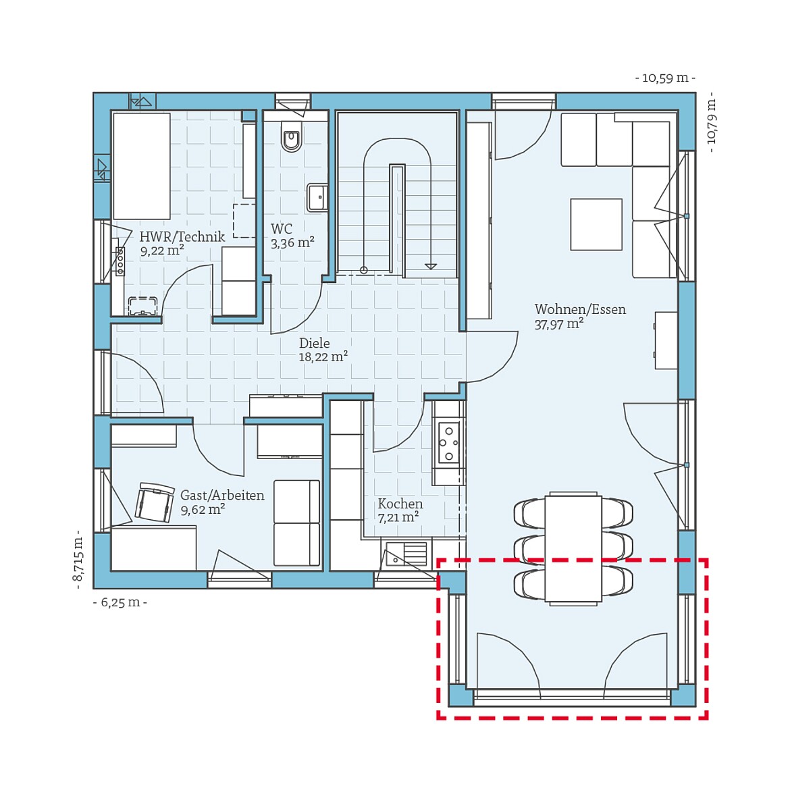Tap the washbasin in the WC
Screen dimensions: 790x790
(x=317, y=197)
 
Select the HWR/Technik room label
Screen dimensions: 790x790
(x=182, y=236)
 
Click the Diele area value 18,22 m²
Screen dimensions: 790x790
(x=323, y=357)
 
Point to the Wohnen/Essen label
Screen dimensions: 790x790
(x=581, y=309)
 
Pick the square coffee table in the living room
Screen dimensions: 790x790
(x=596, y=224)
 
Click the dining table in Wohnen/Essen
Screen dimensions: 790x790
(x=573, y=548)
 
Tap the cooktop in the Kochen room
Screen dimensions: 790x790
(x=448, y=442)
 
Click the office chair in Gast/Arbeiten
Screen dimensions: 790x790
(x=154, y=502)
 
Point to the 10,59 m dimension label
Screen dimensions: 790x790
(x=665, y=78)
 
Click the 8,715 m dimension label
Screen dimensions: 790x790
(x=78, y=559)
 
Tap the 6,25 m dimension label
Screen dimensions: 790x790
(x=120, y=602)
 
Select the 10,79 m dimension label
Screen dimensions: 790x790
(x=712, y=122)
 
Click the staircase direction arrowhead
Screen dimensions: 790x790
(x=431, y=266)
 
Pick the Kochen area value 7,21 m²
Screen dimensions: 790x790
(x=398, y=517)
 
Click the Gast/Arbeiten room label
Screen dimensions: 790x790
(x=222, y=495)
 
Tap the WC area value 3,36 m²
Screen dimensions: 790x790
(x=293, y=243)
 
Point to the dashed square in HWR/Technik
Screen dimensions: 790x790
(x=244, y=221)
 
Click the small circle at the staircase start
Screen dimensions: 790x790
(x=364, y=271)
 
